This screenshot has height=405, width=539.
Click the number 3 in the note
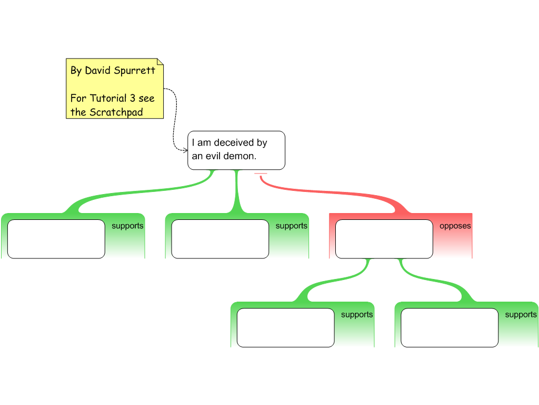[132, 99]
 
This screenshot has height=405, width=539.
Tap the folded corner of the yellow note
[160, 62]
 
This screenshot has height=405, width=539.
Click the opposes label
[455, 226]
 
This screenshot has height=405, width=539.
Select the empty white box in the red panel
[384, 239]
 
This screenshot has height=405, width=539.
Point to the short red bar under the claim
[261, 173]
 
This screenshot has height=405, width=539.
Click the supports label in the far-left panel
[127, 226]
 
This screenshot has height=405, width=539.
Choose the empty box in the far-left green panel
[56, 239]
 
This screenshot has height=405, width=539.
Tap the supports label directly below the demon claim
[291, 226]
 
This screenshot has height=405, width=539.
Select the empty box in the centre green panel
[220, 239]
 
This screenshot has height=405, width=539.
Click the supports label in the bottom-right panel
[521, 315]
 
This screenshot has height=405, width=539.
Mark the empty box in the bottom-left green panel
[285, 327]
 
